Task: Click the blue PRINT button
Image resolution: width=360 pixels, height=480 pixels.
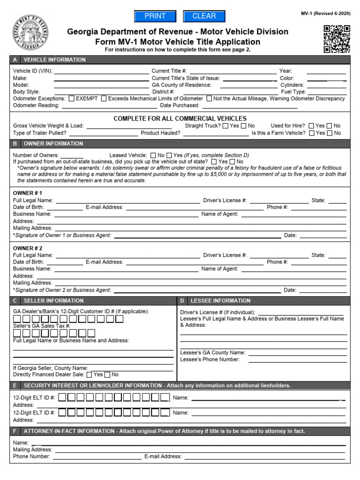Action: [155, 16]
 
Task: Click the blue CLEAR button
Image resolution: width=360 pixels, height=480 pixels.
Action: [204, 16]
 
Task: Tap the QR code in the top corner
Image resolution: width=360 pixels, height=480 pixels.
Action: [337, 39]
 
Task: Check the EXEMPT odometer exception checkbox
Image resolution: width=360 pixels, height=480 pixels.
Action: [71, 99]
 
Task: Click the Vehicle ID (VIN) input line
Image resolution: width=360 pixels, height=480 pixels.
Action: [101, 72]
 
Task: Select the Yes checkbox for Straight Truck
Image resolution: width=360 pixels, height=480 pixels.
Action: [225, 126]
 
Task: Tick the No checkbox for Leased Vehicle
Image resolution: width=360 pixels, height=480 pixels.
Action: [153, 155]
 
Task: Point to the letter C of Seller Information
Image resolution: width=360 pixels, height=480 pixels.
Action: [15, 300]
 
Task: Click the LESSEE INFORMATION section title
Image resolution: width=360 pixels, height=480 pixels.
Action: [220, 300]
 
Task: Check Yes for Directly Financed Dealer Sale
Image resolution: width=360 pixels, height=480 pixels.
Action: [89, 375]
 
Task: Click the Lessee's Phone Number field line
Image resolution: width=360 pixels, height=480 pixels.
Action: [297, 360]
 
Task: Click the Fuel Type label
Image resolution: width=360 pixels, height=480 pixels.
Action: [293, 92]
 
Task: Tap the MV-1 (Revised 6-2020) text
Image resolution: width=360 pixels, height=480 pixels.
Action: [325, 15]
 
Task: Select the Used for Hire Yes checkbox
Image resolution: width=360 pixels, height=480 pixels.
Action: [311, 126]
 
